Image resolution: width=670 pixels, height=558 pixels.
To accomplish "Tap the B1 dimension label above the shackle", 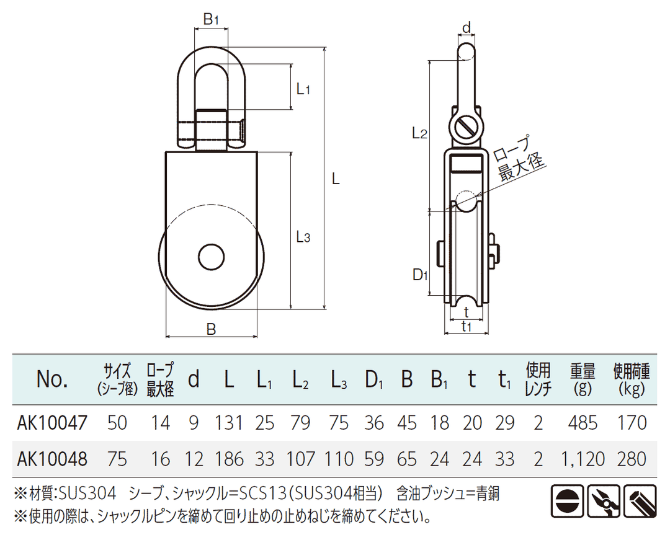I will point(212,20).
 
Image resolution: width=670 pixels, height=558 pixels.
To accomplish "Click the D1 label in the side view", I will point(421,275).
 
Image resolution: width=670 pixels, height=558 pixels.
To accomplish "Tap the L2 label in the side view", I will point(420,133).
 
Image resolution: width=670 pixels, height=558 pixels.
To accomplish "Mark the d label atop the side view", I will point(467,27).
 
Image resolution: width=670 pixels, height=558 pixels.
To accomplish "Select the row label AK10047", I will point(53,423).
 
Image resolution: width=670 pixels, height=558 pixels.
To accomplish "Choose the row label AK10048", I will point(53,459).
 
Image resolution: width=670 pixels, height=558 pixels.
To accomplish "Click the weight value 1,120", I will point(583,459).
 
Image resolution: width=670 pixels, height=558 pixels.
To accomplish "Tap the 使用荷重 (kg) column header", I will point(631,379).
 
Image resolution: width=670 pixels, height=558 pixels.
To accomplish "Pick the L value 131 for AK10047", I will point(229,423).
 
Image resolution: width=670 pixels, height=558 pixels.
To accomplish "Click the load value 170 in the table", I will point(632,423).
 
